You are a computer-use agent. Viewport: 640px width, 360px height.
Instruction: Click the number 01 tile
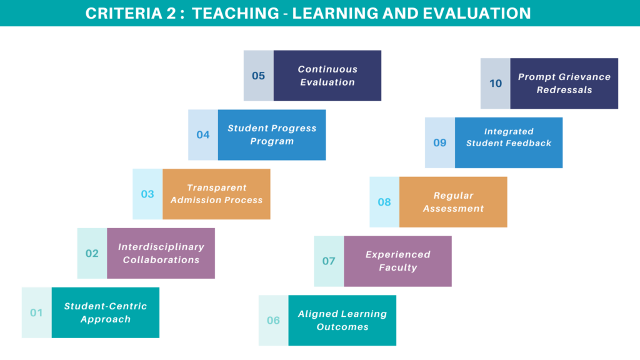[x=37, y=312]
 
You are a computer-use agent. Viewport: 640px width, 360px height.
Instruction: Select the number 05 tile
[x=259, y=76]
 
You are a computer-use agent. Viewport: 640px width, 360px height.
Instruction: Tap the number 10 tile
[x=496, y=83]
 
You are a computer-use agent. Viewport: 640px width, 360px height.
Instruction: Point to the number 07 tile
[x=329, y=261]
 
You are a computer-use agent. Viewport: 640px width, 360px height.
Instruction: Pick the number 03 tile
[x=147, y=194]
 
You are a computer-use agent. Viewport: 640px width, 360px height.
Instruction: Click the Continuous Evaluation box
[x=327, y=76]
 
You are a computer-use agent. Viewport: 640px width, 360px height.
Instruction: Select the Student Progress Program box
[x=272, y=135]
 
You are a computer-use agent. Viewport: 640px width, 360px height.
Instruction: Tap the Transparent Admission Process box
[x=216, y=194]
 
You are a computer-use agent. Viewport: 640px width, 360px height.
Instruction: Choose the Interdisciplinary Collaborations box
[x=161, y=254]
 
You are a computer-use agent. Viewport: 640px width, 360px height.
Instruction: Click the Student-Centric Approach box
[x=105, y=312]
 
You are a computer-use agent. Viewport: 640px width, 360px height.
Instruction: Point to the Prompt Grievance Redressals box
[x=564, y=83]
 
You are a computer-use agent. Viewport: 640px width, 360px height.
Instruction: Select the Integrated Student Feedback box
[x=509, y=143]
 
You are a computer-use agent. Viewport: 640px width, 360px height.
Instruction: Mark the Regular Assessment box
[x=453, y=202]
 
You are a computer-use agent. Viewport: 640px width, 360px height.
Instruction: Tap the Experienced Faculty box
[x=397, y=261]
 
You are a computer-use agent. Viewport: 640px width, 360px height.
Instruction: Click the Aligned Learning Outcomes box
[x=342, y=321]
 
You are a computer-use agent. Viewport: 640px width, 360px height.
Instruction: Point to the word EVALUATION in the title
[x=477, y=14]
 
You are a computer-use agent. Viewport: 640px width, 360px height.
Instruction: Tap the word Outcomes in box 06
[x=342, y=327]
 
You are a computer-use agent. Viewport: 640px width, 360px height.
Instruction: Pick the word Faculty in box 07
[x=398, y=267]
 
